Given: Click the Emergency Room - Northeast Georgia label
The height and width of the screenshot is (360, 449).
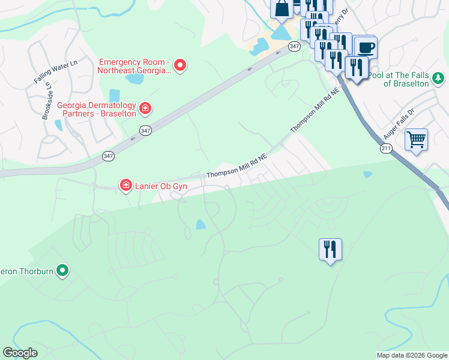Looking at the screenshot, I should click(x=136, y=66).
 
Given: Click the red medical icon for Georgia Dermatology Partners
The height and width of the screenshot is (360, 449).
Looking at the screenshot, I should click(x=145, y=109).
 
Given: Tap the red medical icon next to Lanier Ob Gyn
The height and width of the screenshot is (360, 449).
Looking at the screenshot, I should click(x=126, y=185).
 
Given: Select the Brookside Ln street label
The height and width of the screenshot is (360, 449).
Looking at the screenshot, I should click(x=46, y=100).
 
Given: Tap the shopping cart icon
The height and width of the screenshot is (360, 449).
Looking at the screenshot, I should click(x=416, y=140).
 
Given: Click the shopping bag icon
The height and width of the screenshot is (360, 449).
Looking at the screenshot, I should click(x=282, y=8).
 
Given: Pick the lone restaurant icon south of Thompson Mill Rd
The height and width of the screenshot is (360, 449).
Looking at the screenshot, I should click(x=330, y=249).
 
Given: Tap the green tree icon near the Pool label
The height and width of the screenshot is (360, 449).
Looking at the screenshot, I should click(x=439, y=77).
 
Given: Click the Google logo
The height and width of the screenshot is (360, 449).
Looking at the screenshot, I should click(x=20, y=353).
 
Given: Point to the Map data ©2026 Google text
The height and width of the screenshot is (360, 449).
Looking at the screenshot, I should click(x=412, y=355).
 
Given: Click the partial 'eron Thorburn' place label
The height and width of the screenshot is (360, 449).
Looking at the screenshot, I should click(x=27, y=271).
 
